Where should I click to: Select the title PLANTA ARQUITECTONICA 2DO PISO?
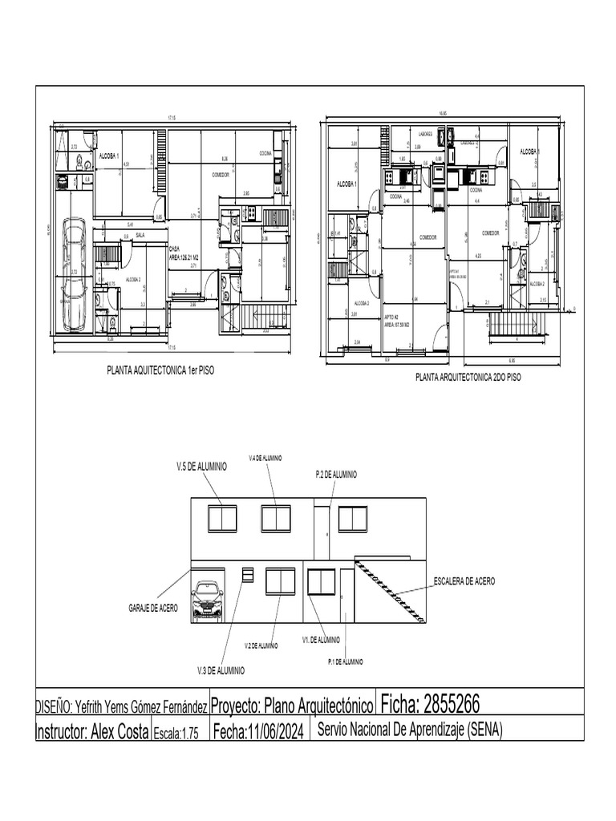(x=468, y=377)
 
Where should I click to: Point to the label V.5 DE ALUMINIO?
(x=202, y=466)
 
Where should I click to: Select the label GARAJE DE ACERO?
(x=153, y=609)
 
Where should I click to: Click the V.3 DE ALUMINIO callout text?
(x=221, y=669)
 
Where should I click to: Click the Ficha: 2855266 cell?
(x=430, y=705)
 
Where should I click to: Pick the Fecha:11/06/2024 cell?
(x=258, y=732)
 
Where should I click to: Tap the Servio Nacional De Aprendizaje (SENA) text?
(x=409, y=730)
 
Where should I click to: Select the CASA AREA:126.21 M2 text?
(x=184, y=253)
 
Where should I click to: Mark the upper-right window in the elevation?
(x=352, y=518)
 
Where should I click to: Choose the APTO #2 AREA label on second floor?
(x=396, y=322)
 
